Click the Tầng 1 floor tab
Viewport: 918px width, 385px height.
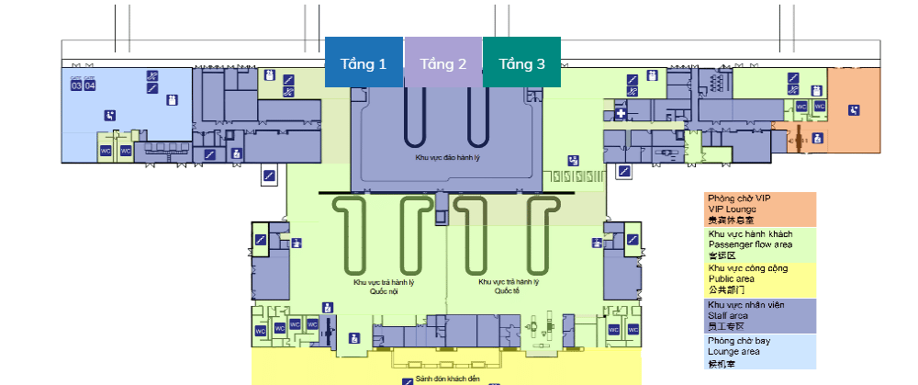point(364,63)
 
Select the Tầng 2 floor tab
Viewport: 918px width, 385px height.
point(443,63)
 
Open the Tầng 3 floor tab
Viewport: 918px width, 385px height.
point(521,63)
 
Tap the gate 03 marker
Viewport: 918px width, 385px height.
point(77,86)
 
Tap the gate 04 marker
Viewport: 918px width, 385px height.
point(90,86)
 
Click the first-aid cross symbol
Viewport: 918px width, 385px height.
point(621,115)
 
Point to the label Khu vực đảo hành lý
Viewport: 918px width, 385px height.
point(447,159)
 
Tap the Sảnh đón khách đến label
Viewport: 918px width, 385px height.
point(448,378)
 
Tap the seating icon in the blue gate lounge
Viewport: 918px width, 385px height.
point(110,115)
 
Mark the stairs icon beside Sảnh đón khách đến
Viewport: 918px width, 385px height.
point(408,379)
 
